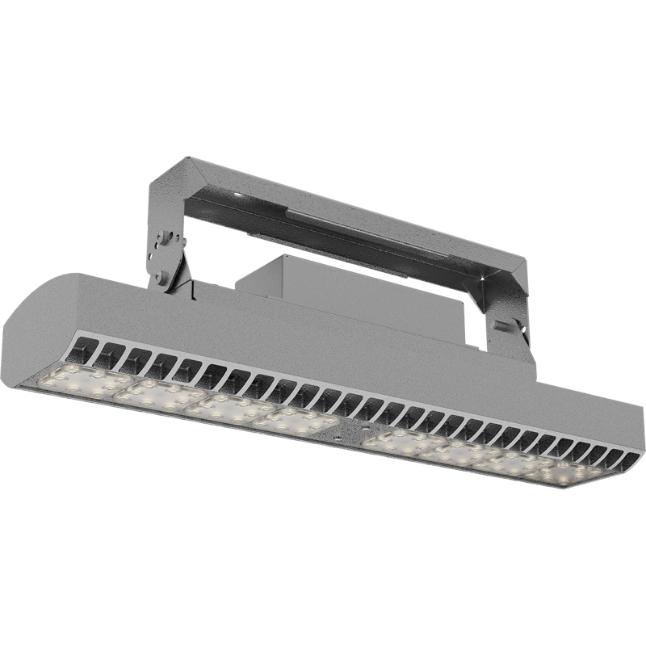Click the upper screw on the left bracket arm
click(x=165, y=238)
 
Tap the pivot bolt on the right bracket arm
click(x=502, y=326)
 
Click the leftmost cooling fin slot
click(x=88, y=349)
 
